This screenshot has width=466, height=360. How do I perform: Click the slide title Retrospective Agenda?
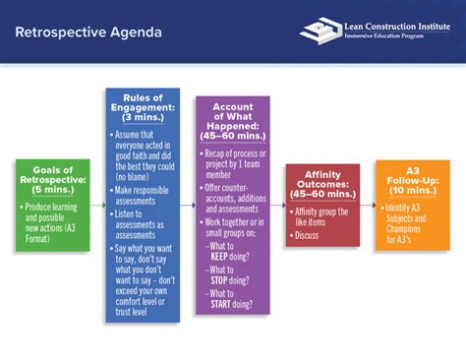[88, 32]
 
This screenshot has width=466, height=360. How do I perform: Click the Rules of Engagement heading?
[143, 106]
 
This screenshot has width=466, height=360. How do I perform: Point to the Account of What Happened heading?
[232, 121]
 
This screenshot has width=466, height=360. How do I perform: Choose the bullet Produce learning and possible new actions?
[58, 217]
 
